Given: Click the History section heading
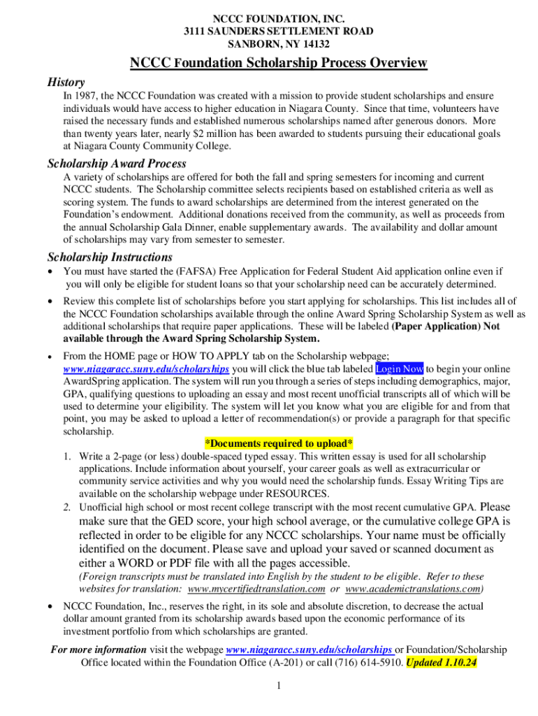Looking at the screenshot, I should coord(66,82).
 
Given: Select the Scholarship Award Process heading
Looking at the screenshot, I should coord(117,164).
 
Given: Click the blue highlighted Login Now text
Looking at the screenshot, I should coord(400,368).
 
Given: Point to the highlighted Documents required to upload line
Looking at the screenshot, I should coord(279,443).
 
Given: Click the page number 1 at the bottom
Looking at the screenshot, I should coord(278,686).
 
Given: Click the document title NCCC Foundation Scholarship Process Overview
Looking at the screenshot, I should coord(278,64).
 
